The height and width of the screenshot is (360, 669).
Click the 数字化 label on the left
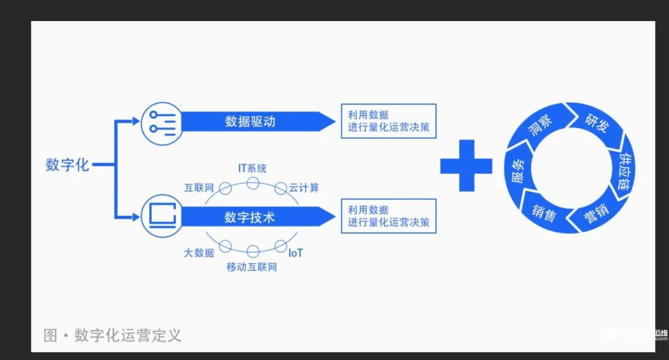(68, 165)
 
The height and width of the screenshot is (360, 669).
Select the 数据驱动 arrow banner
(250, 121)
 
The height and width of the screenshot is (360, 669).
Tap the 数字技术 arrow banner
(250, 217)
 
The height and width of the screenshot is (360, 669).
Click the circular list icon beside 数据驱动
(162, 121)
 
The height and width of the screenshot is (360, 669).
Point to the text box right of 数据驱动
(388, 121)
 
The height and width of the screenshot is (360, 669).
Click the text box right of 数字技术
(388, 216)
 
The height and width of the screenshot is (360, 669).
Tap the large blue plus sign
(466, 165)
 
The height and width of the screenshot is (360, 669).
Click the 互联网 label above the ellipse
(199, 187)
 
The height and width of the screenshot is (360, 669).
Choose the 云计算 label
(304, 187)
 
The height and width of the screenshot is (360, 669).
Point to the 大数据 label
(199, 253)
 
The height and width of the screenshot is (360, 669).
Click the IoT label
(295, 253)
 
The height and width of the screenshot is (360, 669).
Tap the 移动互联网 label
(251, 268)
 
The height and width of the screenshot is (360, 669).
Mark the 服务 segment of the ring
(517, 169)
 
